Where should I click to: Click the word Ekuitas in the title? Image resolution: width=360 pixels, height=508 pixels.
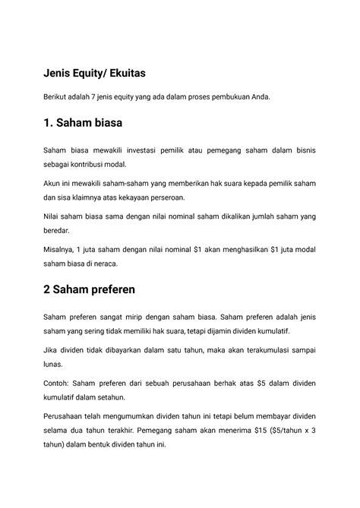pyautogui.click(x=118, y=74)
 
